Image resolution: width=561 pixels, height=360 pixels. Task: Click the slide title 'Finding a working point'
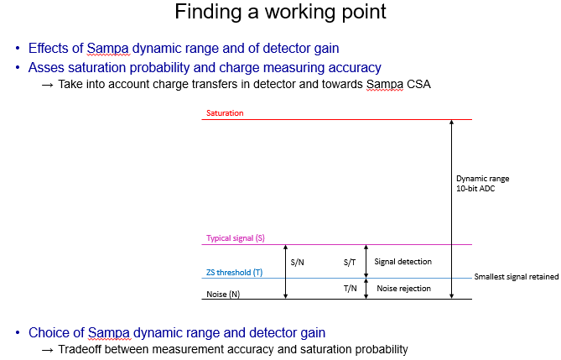coord(280,12)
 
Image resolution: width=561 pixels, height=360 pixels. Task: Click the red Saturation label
coord(225,113)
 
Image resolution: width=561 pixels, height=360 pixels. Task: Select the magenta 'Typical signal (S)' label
coord(236,238)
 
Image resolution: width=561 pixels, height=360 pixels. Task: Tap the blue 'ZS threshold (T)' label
coord(234,273)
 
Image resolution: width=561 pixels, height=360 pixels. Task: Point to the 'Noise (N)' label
coord(223,294)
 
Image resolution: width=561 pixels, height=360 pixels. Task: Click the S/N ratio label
coord(298,262)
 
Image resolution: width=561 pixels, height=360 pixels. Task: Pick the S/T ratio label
coord(350,262)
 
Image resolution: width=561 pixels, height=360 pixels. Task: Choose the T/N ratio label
coord(351,289)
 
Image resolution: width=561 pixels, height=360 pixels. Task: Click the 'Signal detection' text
coord(403,262)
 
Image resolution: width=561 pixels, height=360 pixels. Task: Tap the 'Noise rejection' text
coord(404,289)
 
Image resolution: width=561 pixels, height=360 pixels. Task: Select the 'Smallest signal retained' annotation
coord(517,277)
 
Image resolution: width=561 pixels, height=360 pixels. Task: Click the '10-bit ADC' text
coord(475,189)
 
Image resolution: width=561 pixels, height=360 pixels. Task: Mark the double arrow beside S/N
coord(285,272)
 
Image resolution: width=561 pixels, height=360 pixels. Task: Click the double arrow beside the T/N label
coord(366,289)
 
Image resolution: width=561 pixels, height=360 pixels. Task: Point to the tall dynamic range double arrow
coord(451,209)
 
